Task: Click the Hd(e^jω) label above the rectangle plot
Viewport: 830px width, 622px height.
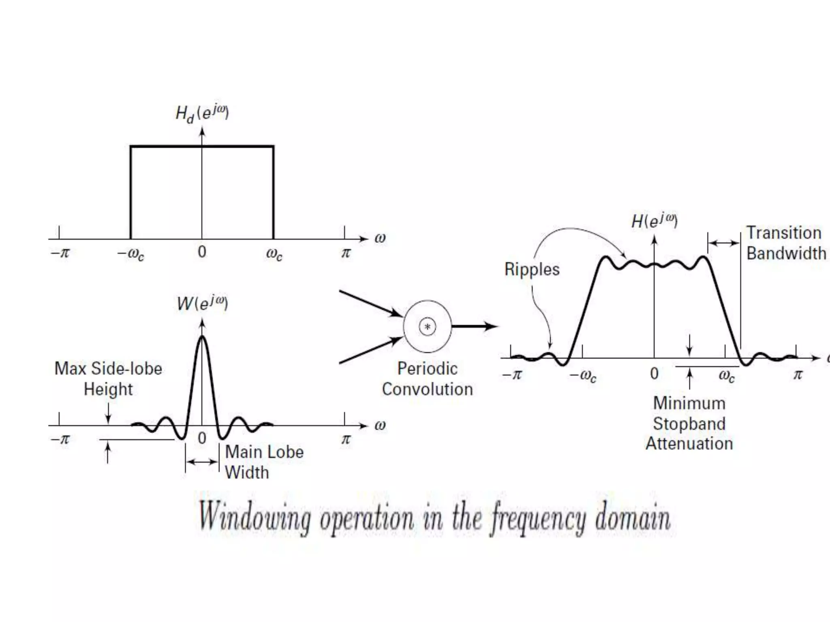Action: click(x=202, y=113)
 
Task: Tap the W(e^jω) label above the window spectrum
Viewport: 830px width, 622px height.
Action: click(x=202, y=303)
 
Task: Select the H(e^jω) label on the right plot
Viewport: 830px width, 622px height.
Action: click(x=654, y=221)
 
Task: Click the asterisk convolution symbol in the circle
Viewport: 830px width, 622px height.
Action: click(x=428, y=327)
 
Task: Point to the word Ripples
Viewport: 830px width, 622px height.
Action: click(x=532, y=269)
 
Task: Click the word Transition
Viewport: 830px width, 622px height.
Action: click(x=784, y=233)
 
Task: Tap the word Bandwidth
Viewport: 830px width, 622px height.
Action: click(x=786, y=253)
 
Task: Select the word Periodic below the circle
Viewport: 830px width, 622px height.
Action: click(x=427, y=369)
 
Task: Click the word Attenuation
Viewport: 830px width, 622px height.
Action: click(x=689, y=443)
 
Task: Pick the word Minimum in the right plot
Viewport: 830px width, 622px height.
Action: click(x=689, y=403)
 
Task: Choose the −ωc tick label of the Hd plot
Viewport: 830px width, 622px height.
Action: click(x=130, y=254)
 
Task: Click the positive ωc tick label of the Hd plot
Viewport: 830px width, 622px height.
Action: click(x=274, y=254)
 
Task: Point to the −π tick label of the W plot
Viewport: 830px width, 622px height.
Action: click(x=60, y=439)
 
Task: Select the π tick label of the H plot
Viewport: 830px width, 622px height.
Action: click(x=798, y=374)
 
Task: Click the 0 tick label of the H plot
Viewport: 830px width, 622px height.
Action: click(x=654, y=373)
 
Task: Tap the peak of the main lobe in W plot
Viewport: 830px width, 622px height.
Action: click(x=202, y=337)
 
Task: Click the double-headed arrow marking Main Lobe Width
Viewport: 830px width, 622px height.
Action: click(x=202, y=462)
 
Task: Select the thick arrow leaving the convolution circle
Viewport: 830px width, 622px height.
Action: click(x=474, y=326)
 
